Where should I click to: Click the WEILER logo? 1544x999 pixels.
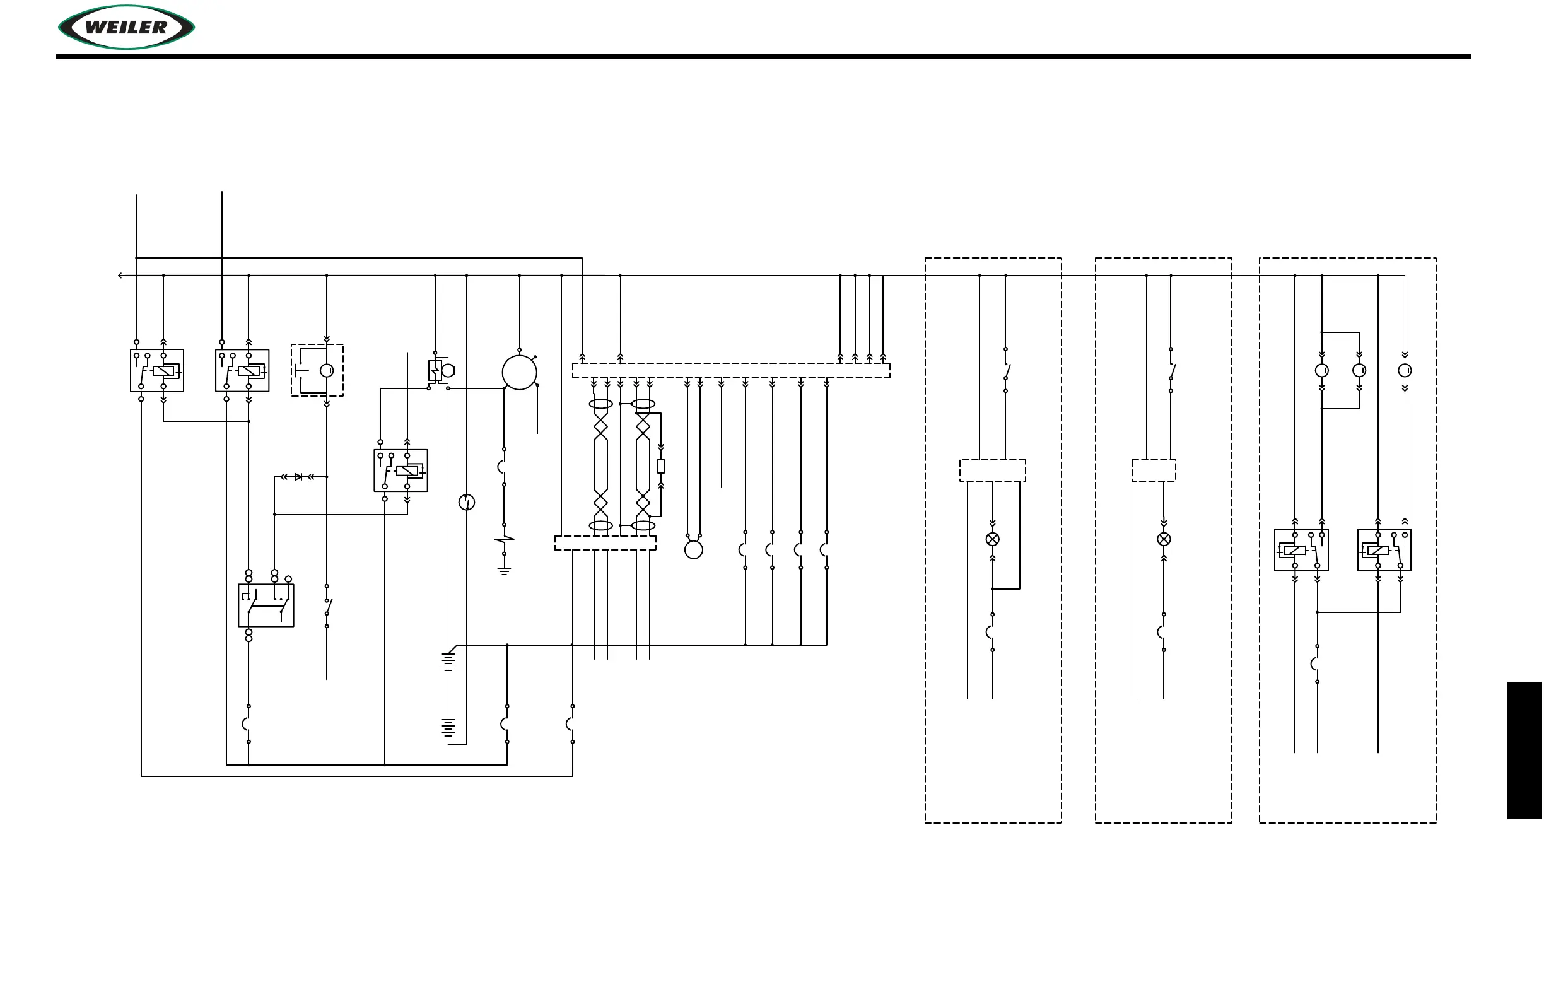pyautogui.click(x=127, y=27)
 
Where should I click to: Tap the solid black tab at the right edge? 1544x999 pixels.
pyautogui.click(x=1524, y=750)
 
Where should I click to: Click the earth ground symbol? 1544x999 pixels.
pyautogui.click(x=504, y=571)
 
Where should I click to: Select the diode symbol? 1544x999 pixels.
pyautogui.click(x=298, y=477)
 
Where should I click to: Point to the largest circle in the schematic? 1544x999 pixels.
pyautogui.click(x=519, y=372)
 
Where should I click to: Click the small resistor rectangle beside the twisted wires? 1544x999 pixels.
pyautogui.click(x=660, y=466)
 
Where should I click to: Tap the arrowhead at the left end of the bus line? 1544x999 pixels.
pyautogui.click(x=120, y=276)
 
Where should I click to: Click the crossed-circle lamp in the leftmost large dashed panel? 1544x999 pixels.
pyautogui.click(x=992, y=539)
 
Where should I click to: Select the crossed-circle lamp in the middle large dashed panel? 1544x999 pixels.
pyautogui.click(x=1164, y=539)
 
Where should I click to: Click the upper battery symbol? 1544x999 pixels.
pyautogui.click(x=448, y=662)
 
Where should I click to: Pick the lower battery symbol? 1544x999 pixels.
pyautogui.click(x=448, y=727)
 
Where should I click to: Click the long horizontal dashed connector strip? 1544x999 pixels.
pyautogui.click(x=730, y=370)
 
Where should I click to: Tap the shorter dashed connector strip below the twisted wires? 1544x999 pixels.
pyautogui.click(x=605, y=543)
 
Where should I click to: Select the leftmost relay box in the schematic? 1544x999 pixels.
pyautogui.click(x=157, y=370)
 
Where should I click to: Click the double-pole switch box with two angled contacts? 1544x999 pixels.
pyautogui.click(x=266, y=605)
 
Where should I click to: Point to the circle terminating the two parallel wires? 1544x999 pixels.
pyautogui.click(x=694, y=550)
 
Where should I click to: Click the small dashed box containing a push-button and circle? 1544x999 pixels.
pyautogui.click(x=317, y=370)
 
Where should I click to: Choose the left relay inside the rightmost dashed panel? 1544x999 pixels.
pyautogui.click(x=1301, y=550)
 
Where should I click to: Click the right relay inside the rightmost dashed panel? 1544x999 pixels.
pyautogui.click(x=1384, y=550)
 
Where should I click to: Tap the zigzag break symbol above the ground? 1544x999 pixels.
pyautogui.click(x=504, y=539)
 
